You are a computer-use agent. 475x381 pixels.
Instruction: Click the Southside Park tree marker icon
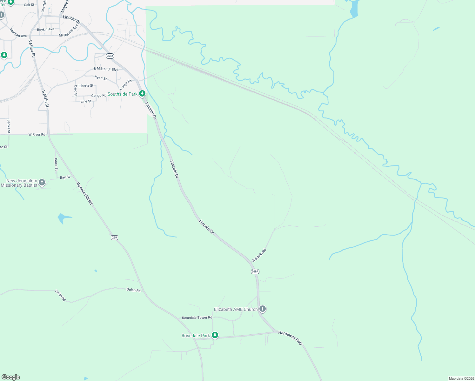tap(142, 94)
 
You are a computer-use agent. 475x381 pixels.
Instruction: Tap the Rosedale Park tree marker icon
tap(215, 335)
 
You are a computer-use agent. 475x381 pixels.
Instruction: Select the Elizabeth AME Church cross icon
tap(262, 309)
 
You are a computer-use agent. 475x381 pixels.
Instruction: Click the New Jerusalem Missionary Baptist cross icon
tap(42, 183)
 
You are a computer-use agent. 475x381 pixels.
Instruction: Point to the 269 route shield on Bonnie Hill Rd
tap(115, 237)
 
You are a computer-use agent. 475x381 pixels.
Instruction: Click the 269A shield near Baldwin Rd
tap(255, 271)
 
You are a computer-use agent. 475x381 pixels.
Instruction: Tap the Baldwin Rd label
tap(259, 255)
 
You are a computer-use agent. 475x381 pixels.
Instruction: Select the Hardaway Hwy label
tap(291, 338)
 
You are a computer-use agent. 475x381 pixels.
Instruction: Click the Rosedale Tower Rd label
tap(197, 318)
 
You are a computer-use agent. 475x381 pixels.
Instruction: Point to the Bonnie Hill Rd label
tap(84, 193)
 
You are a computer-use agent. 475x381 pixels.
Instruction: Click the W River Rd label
tap(37, 135)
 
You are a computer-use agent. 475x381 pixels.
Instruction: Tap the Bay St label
tap(65, 177)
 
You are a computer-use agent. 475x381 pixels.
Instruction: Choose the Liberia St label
tap(86, 86)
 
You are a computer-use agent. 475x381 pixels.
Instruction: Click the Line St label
tap(86, 101)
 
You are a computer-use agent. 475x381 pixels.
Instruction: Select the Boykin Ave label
tap(45, 30)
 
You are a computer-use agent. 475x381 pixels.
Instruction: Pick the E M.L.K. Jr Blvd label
tap(106, 69)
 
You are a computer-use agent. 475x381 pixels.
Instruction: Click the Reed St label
tap(101, 78)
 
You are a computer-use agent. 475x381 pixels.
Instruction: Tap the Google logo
tap(11, 377)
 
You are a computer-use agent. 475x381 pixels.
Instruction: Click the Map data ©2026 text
tap(461, 378)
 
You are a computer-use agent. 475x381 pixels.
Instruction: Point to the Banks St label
tap(9, 126)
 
